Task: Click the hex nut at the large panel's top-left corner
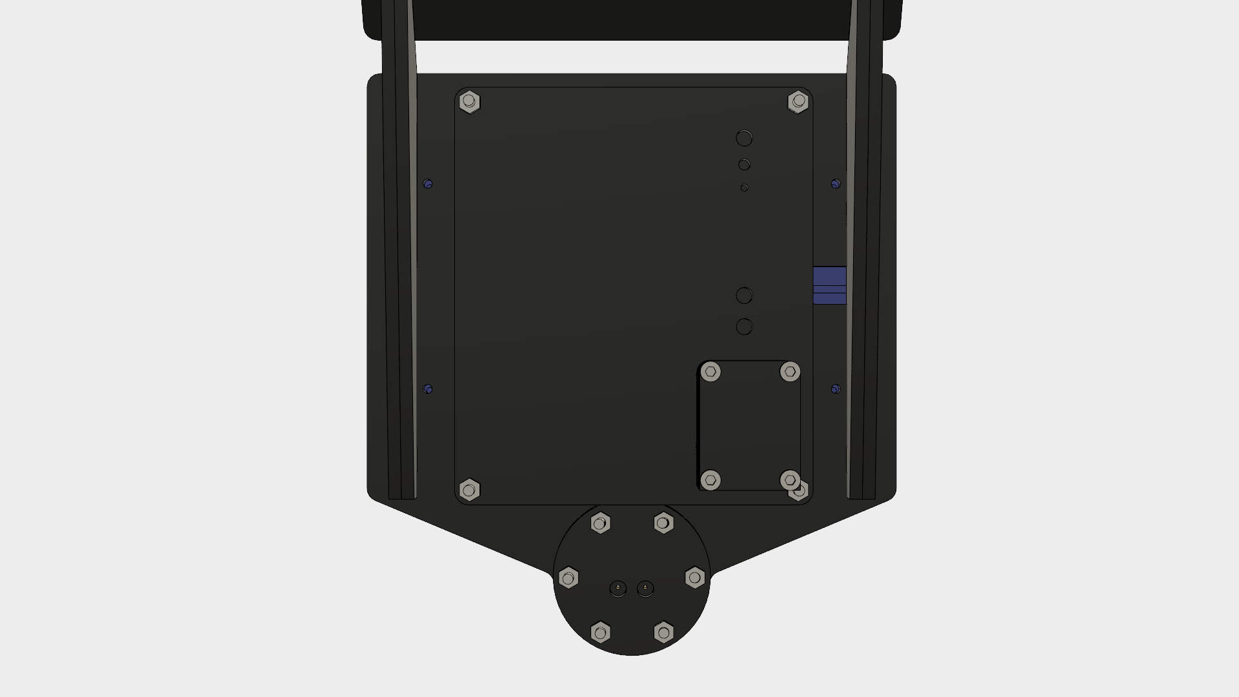(x=469, y=102)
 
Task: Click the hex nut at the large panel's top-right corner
(x=798, y=101)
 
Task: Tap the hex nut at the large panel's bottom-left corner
(x=469, y=490)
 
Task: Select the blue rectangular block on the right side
(x=829, y=285)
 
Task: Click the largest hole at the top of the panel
(x=744, y=138)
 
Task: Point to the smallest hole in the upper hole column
(x=744, y=188)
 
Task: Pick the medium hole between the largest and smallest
(x=744, y=165)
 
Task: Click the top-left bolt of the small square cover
(x=710, y=372)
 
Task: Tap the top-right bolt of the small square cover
(x=790, y=372)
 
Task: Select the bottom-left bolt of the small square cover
(x=710, y=480)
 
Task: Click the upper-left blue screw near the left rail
(x=428, y=184)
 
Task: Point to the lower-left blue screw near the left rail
(x=428, y=389)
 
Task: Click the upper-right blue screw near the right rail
(x=836, y=184)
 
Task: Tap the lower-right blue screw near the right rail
(x=836, y=389)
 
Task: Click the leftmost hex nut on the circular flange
(x=569, y=578)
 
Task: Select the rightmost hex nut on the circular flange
(x=695, y=577)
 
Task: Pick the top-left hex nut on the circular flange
(x=601, y=523)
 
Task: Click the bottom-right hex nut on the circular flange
(x=663, y=632)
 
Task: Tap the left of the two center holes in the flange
(x=618, y=589)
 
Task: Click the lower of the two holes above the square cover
(x=744, y=327)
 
